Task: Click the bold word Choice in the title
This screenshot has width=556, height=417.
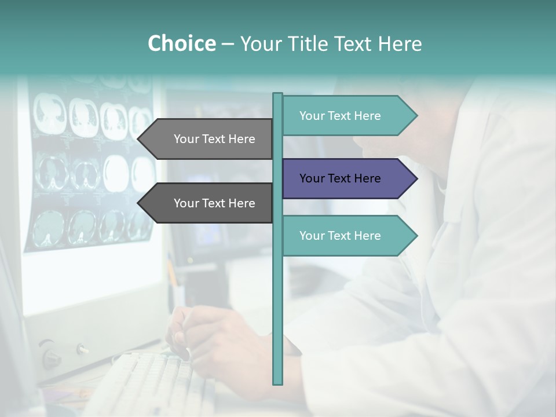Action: click(181, 43)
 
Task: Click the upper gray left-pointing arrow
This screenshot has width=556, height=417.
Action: click(209, 139)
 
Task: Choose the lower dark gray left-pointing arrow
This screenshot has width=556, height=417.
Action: click(209, 203)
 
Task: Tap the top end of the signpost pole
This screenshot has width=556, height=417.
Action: click(278, 94)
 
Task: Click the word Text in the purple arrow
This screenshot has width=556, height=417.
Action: click(340, 178)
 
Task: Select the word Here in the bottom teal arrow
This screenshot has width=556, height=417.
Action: click(367, 236)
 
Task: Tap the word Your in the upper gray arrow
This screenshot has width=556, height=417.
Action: click(186, 139)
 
